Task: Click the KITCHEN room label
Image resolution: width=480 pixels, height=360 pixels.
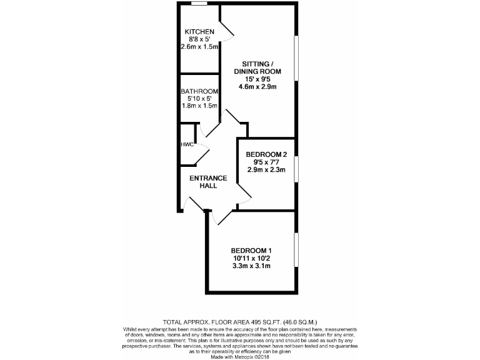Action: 199,32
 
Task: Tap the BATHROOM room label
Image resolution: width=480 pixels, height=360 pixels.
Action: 199,91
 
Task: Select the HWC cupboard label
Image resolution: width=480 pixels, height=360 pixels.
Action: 187,144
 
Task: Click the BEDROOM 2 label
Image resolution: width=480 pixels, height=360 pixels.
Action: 266,154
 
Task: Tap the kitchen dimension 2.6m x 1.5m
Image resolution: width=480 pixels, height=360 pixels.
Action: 199,47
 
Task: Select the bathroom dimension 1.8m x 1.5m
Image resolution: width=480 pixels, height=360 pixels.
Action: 199,106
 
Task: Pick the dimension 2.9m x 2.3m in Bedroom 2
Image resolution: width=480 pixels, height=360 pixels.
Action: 266,169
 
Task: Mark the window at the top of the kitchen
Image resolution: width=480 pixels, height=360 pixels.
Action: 199,4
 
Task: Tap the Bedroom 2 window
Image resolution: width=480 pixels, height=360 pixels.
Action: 297,168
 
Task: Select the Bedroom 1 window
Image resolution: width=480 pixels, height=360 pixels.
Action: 297,251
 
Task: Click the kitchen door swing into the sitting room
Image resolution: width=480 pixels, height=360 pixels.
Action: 226,29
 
